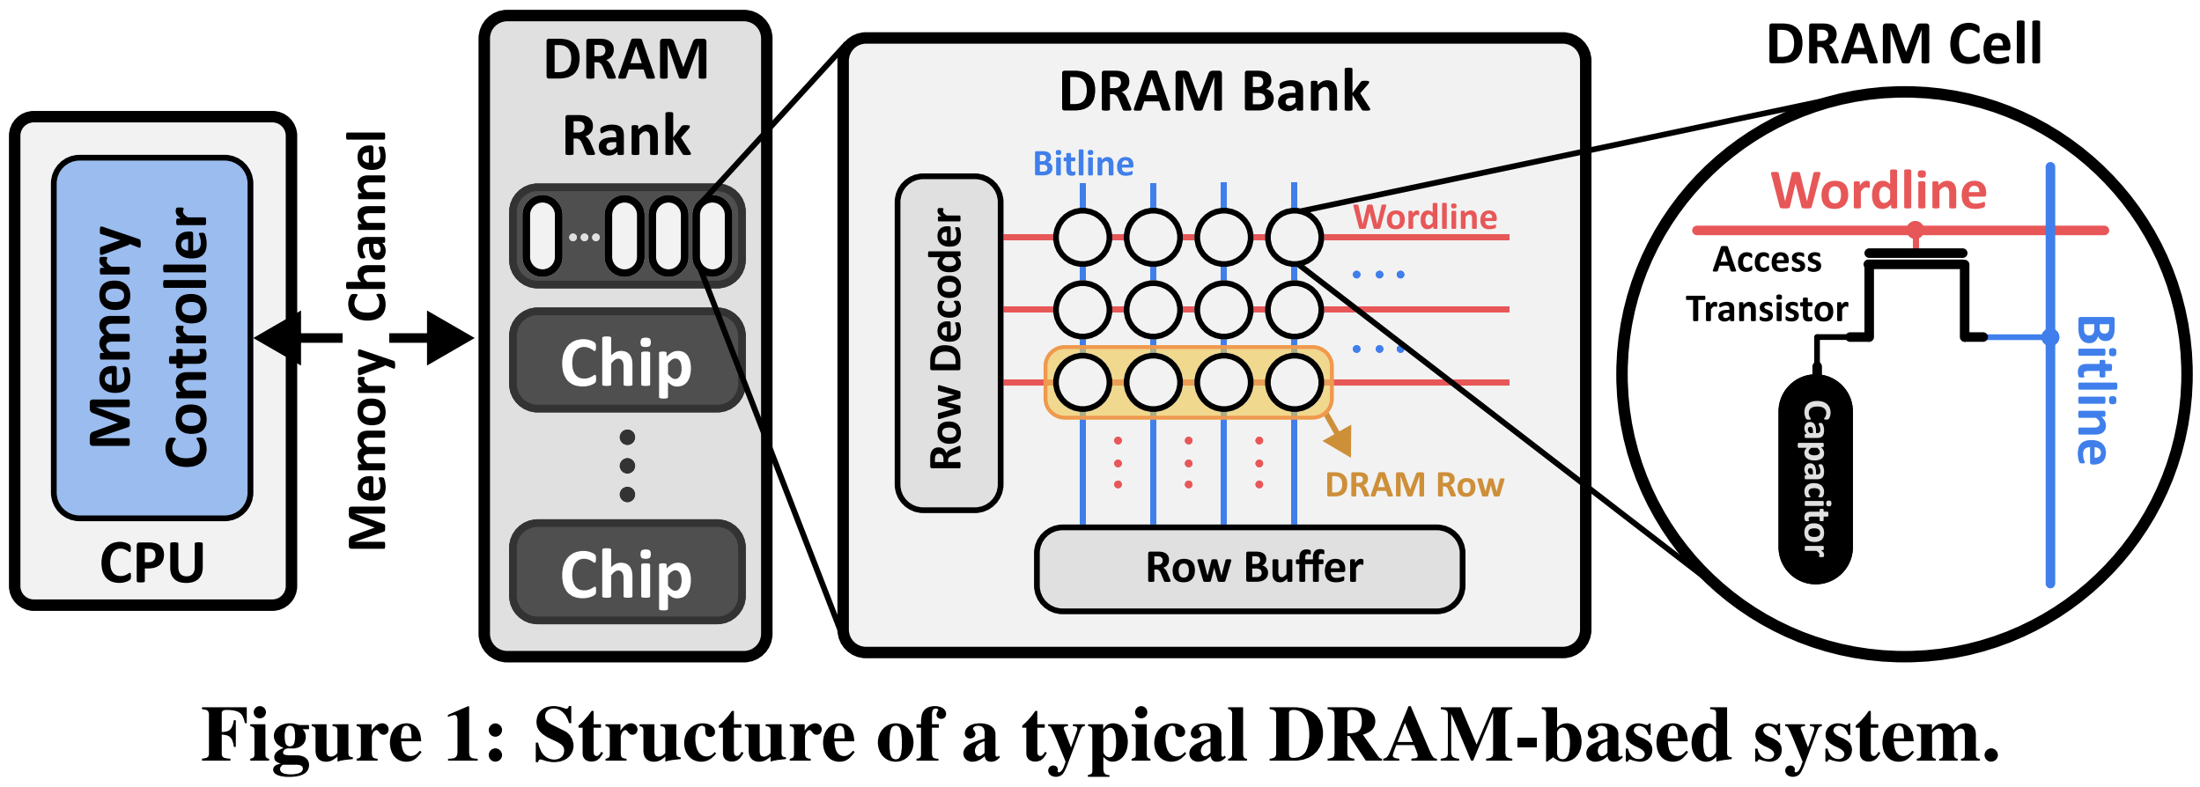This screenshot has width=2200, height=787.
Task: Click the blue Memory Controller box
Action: [151, 338]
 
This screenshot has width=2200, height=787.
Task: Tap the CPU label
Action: [151, 563]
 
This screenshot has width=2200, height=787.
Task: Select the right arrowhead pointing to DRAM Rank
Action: [451, 338]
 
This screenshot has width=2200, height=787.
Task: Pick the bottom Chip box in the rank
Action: [626, 573]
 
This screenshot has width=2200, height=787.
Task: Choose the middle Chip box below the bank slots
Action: [626, 361]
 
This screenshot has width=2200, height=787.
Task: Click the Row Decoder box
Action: [949, 343]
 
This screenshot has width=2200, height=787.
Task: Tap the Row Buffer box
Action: [1249, 569]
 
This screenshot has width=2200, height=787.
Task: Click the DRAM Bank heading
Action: [1214, 92]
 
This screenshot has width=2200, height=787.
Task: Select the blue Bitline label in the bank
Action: [1082, 165]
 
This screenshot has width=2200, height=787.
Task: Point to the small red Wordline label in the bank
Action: [1424, 217]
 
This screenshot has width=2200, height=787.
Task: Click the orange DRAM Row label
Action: [1414, 485]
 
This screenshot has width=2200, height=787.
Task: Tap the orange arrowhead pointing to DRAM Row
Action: [1340, 440]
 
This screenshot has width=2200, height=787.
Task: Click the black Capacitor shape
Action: [1815, 480]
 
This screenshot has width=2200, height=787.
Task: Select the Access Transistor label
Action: [1766, 284]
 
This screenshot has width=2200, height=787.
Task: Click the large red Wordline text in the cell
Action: [1879, 191]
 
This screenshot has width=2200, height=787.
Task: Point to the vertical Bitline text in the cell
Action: [2094, 391]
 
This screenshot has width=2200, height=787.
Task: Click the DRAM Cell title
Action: [1903, 44]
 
